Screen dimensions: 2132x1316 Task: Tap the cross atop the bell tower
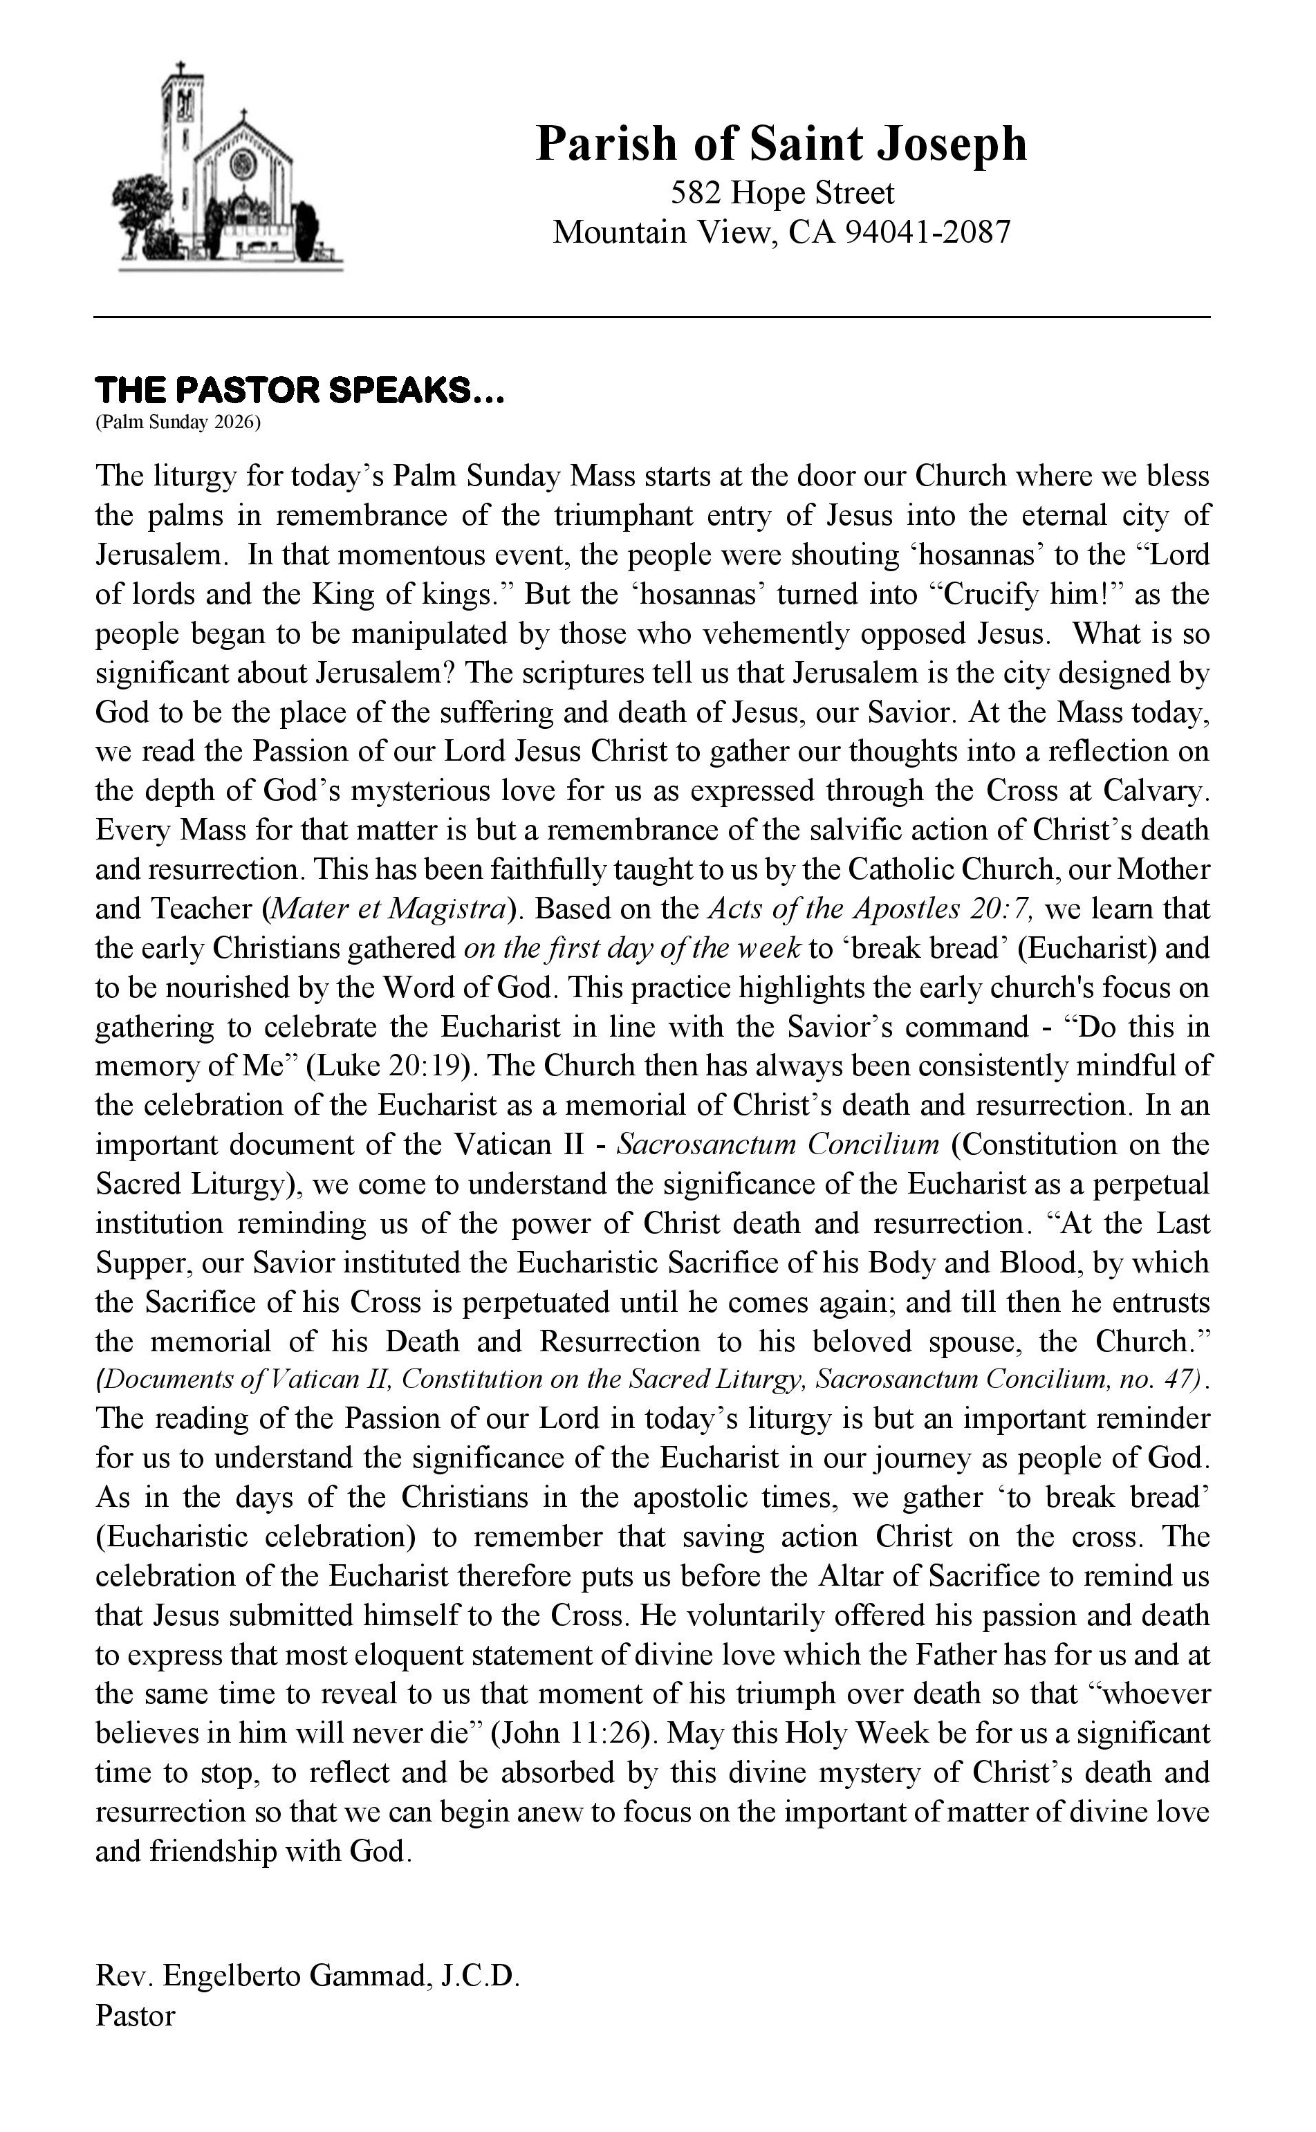[180, 68]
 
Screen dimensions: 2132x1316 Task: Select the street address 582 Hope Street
[782, 192]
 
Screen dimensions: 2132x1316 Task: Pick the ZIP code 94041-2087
[929, 232]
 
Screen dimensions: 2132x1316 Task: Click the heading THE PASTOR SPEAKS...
[299, 391]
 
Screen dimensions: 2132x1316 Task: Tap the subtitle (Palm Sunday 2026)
[178, 423]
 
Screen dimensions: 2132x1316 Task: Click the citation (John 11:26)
[572, 1732]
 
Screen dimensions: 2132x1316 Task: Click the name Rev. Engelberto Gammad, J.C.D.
[307, 2001]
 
